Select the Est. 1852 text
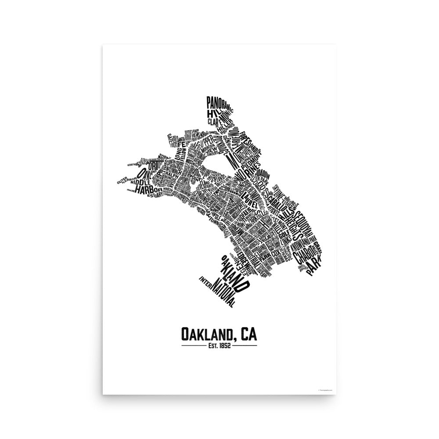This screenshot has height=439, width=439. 219,345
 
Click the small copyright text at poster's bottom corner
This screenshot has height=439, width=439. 325,389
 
